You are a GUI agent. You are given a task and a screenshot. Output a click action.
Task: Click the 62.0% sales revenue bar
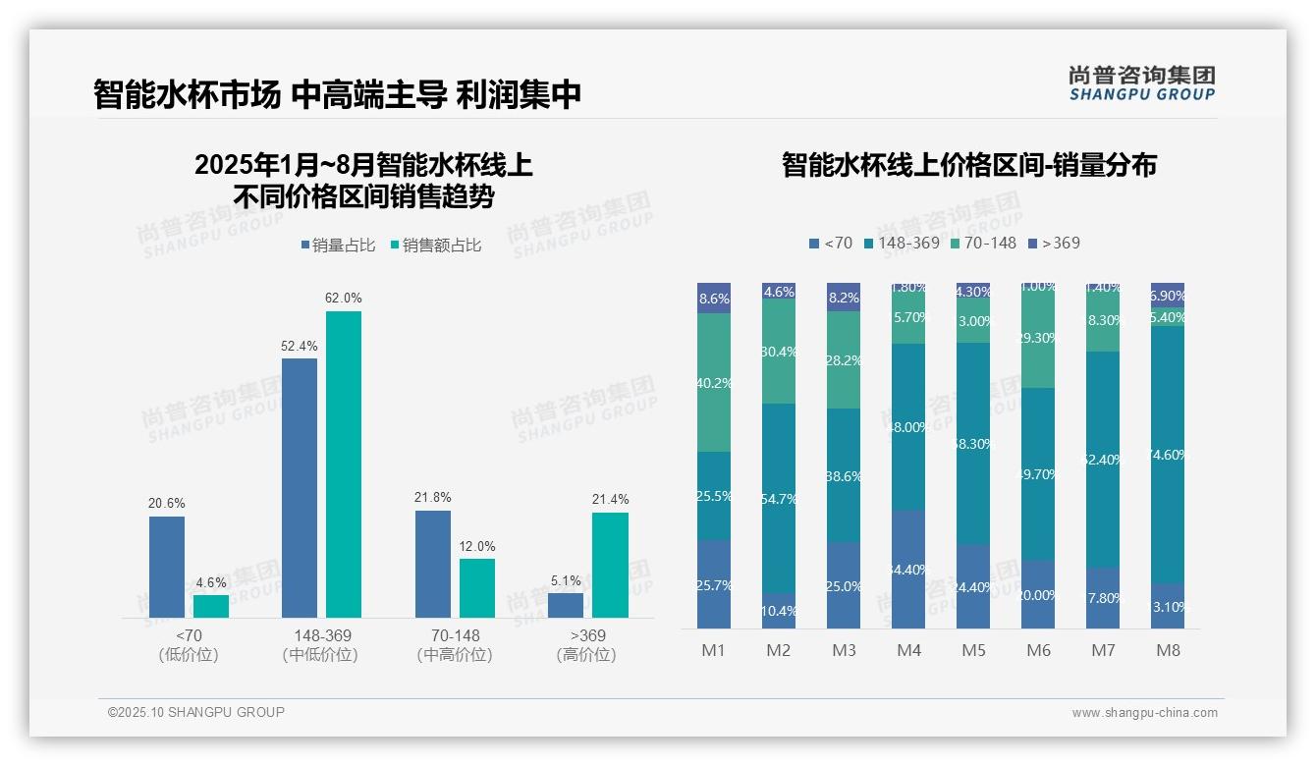tap(343, 464)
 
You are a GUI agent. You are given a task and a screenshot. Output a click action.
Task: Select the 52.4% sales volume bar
tap(300, 487)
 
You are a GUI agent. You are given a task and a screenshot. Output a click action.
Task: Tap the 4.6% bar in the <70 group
tap(211, 606)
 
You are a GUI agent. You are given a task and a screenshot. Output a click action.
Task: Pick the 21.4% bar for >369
tap(610, 565)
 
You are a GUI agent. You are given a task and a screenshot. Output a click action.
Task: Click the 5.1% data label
tap(566, 580)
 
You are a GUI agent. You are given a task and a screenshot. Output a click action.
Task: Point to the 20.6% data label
tap(167, 503)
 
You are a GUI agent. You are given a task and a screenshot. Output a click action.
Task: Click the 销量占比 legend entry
tap(338, 246)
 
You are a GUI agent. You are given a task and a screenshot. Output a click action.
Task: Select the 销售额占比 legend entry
tap(435, 246)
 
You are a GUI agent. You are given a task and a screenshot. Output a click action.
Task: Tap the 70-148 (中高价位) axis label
tap(448, 645)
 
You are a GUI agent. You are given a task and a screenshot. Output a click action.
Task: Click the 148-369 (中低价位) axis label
tap(320, 645)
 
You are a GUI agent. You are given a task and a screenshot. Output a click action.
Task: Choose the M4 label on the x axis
tap(908, 651)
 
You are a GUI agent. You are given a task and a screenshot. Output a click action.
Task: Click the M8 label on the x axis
tap(1168, 651)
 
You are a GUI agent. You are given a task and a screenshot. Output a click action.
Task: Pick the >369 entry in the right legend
tap(1054, 243)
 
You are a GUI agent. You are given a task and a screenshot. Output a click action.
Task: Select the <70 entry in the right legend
tap(831, 243)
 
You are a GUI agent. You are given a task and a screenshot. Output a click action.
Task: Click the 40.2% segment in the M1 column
tap(714, 383)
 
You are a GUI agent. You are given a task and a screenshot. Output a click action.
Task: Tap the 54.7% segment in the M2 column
tap(779, 499)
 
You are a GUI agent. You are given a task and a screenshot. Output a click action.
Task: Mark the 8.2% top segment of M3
tap(844, 297)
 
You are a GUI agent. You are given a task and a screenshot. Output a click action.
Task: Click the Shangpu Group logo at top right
tap(1141, 82)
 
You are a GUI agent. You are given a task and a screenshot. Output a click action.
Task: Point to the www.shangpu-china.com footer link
tap(1144, 713)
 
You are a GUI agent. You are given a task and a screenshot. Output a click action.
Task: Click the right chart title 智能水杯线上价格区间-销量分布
tap(968, 164)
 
